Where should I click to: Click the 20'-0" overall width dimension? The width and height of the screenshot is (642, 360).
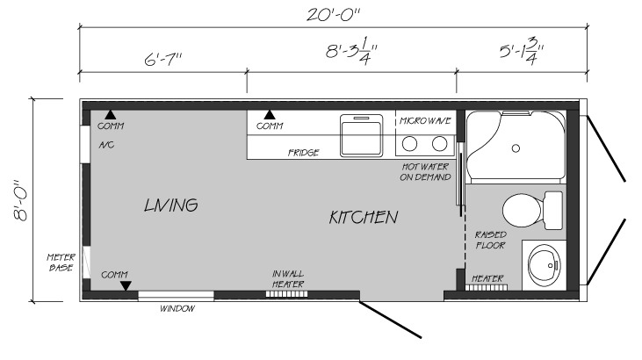[333, 15]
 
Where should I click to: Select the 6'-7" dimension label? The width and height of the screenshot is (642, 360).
[162, 60]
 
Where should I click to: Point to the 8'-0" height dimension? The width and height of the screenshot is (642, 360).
[20, 200]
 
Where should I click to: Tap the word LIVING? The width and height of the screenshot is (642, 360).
[171, 205]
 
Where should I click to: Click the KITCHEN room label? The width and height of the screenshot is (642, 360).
[364, 217]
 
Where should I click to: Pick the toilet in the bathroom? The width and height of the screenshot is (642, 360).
[532, 211]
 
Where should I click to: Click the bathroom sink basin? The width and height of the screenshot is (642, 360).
[545, 265]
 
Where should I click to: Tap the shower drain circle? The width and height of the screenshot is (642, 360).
[516, 148]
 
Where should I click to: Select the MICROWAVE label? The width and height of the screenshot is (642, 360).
[425, 121]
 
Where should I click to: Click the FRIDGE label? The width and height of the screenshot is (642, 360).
[303, 153]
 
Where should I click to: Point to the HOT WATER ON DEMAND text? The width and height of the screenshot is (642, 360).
[425, 172]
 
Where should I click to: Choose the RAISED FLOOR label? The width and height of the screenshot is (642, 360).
[491, 240]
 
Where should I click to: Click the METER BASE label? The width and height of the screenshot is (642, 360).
[61, 263]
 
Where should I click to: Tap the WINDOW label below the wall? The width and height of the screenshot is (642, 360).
[177, 308]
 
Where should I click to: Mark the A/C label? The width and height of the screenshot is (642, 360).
[106, 145]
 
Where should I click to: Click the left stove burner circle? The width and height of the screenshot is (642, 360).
[409, 144]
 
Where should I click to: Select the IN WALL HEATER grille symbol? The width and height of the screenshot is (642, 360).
[286, 294]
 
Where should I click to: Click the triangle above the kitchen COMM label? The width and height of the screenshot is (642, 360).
[270, 115]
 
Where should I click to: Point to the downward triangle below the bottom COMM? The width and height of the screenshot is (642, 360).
[126, 286]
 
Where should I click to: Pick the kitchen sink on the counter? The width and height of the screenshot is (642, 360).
[362, 135]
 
